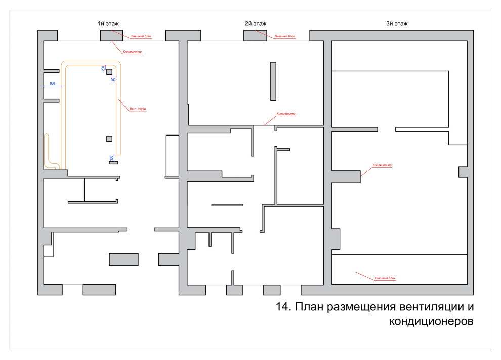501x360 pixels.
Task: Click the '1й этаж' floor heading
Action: click(108, 24)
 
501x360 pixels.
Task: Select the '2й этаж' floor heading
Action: click(256, 24)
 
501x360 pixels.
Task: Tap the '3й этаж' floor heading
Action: click(396, 24)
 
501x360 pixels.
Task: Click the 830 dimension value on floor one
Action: click(52, 83)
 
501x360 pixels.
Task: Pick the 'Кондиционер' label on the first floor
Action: click(132, 52)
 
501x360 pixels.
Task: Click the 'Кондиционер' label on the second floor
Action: click(286, 114)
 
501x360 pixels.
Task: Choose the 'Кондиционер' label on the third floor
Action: click(383, 165)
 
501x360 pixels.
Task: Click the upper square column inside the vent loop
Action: click(109, 72)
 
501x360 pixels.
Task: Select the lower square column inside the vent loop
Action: click(109, 138)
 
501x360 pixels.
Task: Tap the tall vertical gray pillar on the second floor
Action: click(273, 81)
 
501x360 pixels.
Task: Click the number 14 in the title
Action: click(283, 307)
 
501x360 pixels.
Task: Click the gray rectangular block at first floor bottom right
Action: click(124, 259)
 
